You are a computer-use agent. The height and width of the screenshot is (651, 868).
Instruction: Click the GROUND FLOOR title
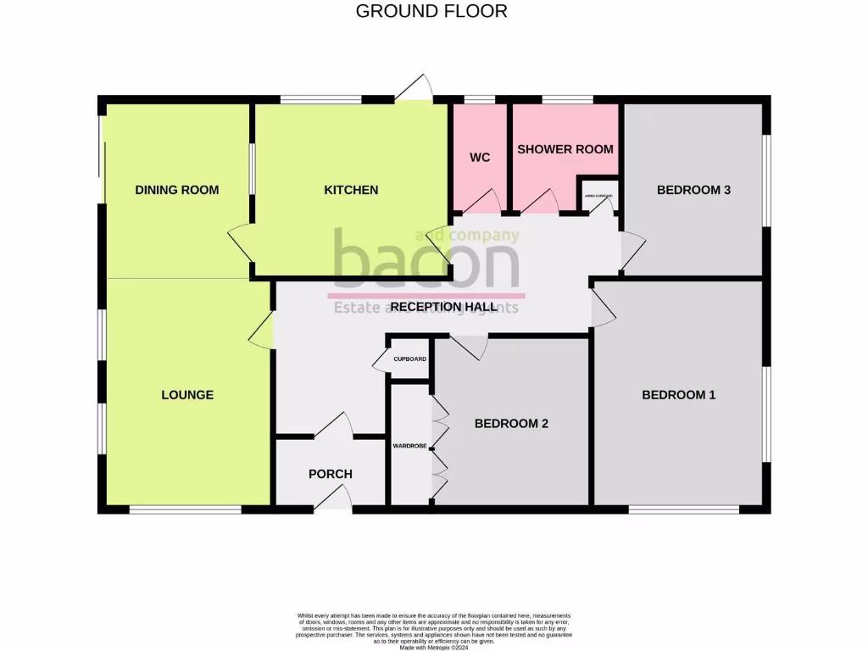431,11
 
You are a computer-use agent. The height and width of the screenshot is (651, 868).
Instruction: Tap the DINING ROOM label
177,190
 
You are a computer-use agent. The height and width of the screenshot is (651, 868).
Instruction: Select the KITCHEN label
351,190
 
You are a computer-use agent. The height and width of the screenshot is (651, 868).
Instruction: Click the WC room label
480,158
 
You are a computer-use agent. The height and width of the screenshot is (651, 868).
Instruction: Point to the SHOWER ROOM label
565,149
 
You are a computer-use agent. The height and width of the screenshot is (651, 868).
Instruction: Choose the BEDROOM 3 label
693,190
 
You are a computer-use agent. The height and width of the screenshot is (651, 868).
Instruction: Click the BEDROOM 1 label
678,394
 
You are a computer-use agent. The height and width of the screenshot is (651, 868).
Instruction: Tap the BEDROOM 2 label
511,423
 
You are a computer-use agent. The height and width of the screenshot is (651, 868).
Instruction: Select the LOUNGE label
187,394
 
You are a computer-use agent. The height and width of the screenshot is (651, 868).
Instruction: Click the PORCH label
330,474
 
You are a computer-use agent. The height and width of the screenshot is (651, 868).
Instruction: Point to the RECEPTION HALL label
438,306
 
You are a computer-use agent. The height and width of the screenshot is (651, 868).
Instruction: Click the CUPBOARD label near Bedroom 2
409,359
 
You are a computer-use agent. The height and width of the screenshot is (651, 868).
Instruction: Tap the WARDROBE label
410,444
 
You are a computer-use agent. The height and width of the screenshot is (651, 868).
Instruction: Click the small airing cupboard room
598,195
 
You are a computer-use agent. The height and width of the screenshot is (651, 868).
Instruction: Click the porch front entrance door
333,506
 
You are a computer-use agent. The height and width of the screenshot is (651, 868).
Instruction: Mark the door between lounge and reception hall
262,329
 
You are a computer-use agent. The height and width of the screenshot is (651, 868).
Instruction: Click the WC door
480,202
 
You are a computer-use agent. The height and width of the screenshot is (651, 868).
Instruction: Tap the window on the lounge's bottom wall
185,509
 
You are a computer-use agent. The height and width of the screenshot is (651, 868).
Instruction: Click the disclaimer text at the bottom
434,627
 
